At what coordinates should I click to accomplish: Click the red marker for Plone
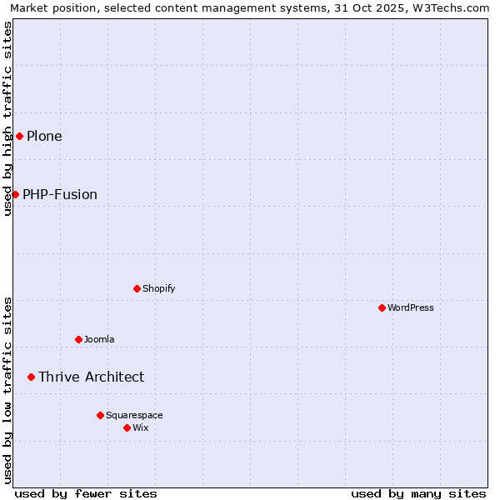(x=19, y=136)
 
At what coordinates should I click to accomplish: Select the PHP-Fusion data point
(x=15, y=194)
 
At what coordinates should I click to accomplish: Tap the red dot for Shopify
(x=137, y=288)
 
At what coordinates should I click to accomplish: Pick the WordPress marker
(x=382, y=307)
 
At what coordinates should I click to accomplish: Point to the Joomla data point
(x=78, y=339)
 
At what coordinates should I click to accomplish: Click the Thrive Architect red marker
(x=31, y=377)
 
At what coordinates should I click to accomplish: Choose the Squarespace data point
(x=100, y=415)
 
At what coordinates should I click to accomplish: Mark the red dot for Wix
(x=127, y=427)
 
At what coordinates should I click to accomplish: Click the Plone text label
(x=44, y=136)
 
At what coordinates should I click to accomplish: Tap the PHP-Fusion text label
(x=60, y=194)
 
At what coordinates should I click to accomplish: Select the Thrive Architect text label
(x=91, y=377)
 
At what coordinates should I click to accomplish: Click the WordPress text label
(x=411, y=307)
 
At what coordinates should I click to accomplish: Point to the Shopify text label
(x=158, y=288)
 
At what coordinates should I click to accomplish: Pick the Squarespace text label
(x=134, y=415)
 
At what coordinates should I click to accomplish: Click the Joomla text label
(x=99, y=339)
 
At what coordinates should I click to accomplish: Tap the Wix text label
(x=140, y=427)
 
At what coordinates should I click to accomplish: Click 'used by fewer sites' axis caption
(x=86, y=493)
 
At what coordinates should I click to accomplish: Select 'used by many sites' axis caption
(x=418, y=493)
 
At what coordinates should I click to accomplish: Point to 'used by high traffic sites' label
(x=7, y=118)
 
